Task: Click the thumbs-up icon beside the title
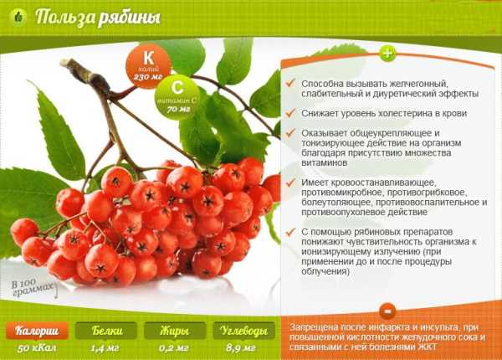click(18, 17)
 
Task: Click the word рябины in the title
click(129, 18)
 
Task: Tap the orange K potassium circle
click(148, 65)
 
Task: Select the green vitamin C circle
click(177, 97)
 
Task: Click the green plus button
click(387, 54)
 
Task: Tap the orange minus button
click(387, 311)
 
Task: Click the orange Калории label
click(37, 331)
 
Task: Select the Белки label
click(106, 331)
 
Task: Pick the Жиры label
click(175, 331)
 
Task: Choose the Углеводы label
click(244, 331)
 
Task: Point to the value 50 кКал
click(37, 348)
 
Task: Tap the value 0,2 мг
click(174, 348)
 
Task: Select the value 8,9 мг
click(241, 348)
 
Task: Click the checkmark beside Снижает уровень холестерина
click(290, 113)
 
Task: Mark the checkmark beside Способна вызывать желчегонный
click(290, 83)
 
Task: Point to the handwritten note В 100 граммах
click(34, 288)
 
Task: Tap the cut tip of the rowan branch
click(64, 63)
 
